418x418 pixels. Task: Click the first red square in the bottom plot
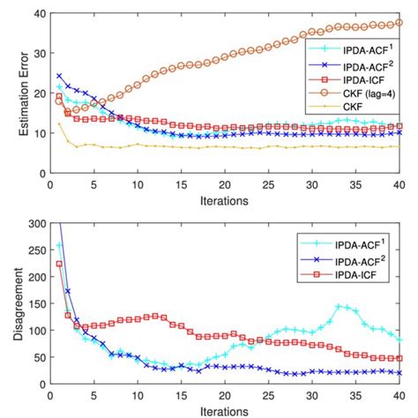tap(59, 264)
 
